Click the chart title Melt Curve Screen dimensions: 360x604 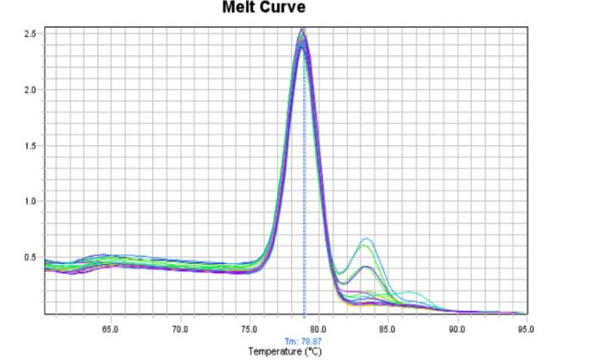[x=264, y=9]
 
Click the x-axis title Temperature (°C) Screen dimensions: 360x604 [x=285, y=351]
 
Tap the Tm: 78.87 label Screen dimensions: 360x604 [x=304, y=341]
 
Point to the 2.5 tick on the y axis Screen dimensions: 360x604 [x=29, y=34]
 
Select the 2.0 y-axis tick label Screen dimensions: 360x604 [x=29, y=90]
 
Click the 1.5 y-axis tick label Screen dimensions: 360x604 [x=29, y=146]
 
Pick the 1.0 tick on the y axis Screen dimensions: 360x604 [x=29, y=202]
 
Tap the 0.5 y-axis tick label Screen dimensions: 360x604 [x=29, y=258]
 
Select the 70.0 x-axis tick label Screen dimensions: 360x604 [x=180, y=329]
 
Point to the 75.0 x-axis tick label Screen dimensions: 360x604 [x=249, y=329]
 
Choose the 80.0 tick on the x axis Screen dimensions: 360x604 [x=318, y=329]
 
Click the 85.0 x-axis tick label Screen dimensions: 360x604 [x=387, y=329]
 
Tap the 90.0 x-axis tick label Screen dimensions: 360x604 [x=456, y=329]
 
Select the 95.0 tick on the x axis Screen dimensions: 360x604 [x=525, y=329]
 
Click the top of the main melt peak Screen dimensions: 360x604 [x=301, y=30]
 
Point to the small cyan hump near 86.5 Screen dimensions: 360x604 [x=408, y=292]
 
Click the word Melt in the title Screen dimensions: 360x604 [x=241, y=9]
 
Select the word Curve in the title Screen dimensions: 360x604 [x=284, y=9]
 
